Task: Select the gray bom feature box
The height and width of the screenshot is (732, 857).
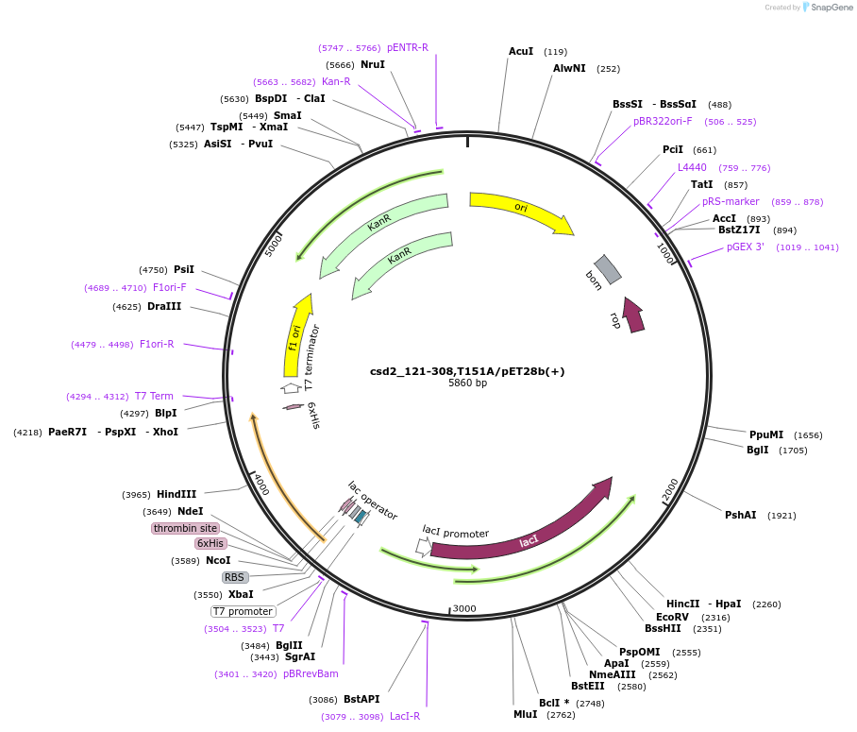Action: click(608, 269)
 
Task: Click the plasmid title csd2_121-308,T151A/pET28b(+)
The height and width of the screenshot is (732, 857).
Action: click(467, 371)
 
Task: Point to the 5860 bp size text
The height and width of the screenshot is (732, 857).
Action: click(467, 383)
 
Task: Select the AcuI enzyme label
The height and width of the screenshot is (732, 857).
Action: click(521, 51)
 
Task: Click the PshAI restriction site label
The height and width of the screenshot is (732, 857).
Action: click(741, 515)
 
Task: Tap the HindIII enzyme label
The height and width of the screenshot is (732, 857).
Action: click(176, 494)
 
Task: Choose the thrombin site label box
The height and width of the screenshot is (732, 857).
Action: click(185, 528)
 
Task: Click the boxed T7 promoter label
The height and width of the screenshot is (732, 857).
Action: click(237, 611)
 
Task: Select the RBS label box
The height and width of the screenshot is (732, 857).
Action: click(234, 577)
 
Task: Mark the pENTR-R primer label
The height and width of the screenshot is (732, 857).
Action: click(408, 47)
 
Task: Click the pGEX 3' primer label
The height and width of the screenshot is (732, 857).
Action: click(746, 247)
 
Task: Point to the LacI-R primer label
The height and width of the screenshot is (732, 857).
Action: click(405, 716)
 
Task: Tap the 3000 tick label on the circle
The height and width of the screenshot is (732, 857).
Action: click(464, 609)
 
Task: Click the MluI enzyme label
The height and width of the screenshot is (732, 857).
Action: click(525, 714)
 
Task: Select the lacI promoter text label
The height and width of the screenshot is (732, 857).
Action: click(456, 533)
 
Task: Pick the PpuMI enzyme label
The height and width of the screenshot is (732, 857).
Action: click(766, 434)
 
